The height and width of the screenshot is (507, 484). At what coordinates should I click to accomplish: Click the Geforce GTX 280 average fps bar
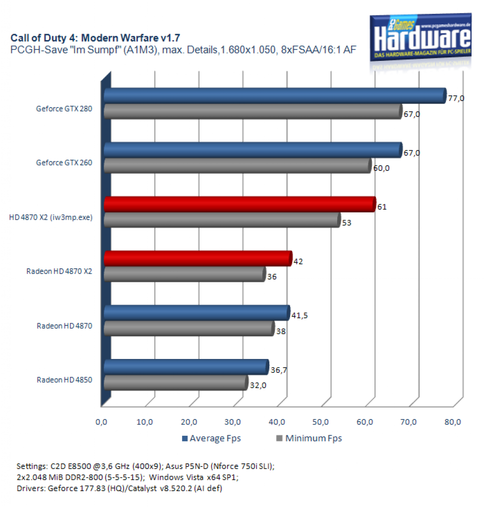coord(275,96)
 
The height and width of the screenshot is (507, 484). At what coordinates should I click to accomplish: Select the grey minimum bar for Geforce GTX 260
coord(238,166)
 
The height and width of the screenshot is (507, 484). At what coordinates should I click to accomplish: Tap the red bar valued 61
coord(240,204)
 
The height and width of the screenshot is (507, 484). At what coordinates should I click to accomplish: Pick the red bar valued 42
coord(198,258)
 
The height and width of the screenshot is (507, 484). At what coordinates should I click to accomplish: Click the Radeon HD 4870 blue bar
coord(197,313)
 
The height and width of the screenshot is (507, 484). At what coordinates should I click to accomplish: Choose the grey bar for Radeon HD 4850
coord(176,383)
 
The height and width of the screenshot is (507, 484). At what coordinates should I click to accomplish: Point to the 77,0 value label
coord(456,99)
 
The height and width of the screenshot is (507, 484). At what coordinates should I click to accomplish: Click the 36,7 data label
coord(279,370)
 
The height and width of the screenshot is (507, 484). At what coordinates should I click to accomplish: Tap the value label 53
coord(347,223)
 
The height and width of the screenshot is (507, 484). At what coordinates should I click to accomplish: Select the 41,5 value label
coord(300,315)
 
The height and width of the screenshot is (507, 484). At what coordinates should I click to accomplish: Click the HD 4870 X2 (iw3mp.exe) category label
coord(51,217)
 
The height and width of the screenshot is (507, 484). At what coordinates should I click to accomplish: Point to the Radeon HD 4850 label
coord(64,380)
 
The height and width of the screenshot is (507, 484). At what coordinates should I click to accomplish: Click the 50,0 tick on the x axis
coord(320,422)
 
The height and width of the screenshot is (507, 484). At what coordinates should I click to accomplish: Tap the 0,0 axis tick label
coord(101,422)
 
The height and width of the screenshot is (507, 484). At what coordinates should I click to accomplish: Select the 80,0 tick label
coord(453,422)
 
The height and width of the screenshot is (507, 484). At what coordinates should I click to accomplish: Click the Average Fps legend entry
coord(212,439)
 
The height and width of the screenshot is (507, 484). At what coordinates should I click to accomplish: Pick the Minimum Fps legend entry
coord(309,439)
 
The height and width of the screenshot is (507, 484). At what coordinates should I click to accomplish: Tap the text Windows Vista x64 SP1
coord(193,477)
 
